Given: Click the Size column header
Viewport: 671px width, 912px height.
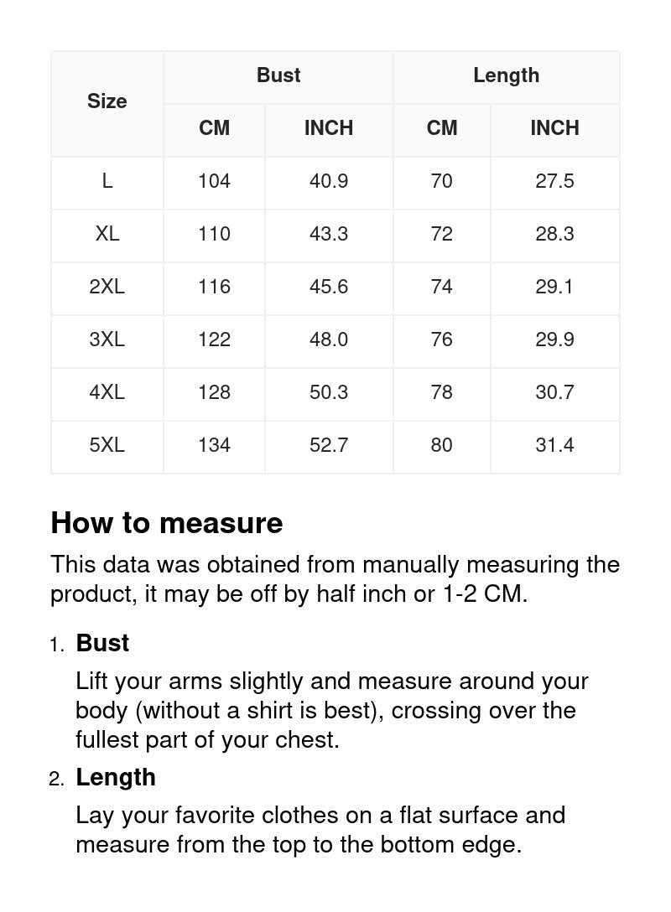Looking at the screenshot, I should pos(107,101).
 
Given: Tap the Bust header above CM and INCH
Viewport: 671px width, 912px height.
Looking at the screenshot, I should pos(278,75).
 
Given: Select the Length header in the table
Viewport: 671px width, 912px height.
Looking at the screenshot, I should pos(506,75).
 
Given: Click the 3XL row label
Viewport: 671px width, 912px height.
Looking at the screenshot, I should pos(107,339).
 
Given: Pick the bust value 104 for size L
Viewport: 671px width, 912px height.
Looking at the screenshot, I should pos(214,181).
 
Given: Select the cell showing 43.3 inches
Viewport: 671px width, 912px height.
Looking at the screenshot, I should pos(329,234).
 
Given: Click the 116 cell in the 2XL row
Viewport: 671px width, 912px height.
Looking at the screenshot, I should pos(214,287).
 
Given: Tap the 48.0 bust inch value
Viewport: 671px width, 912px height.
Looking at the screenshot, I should pos(329,339).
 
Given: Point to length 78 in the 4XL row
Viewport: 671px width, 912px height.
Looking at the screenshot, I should pos(441,392).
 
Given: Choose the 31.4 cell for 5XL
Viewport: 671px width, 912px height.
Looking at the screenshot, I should pos(554,445).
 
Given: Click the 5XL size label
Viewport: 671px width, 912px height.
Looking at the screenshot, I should pos(107,445).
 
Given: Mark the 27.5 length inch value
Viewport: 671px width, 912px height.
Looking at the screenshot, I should pos(554,181).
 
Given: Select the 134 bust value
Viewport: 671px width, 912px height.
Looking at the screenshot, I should pos(214,445).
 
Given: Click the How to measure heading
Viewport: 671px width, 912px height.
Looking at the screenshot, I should pos(167,523).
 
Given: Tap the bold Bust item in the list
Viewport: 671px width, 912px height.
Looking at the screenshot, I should pos(102,643).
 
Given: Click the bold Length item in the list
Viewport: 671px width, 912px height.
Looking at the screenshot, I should pos(116,777).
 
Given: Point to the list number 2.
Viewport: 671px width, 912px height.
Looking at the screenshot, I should pos(56,780).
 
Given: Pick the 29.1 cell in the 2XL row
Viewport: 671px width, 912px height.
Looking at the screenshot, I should pos(554,287).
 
